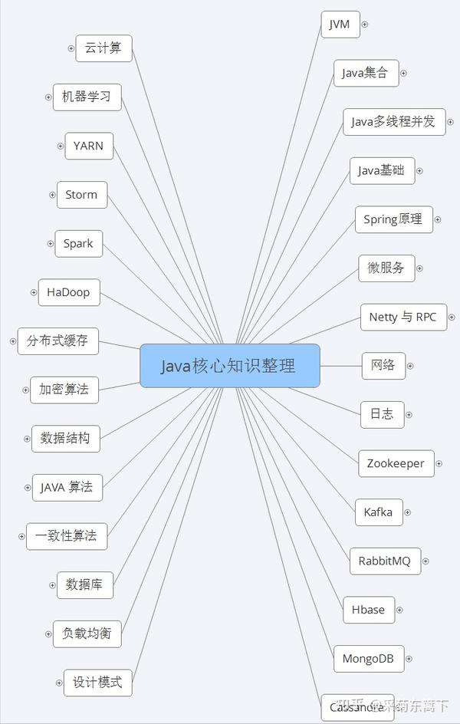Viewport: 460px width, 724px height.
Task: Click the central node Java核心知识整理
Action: (x=229, y=366)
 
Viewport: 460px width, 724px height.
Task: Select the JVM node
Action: (x=339, y=25)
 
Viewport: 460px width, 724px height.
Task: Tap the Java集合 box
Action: (x=366, y=74)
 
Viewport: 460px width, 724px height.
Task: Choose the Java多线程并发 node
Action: (x=393, y=122)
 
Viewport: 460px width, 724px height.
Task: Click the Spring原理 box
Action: (x=393, y=219)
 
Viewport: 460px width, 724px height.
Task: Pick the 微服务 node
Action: (x=386, y=268)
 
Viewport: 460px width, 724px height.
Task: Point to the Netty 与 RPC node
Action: (x=402, y=317)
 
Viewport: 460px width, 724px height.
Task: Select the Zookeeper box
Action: (x=395, y=463)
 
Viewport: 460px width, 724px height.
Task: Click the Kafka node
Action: (x=378, y=512)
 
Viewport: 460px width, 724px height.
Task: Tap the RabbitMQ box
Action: (x=384, y=561)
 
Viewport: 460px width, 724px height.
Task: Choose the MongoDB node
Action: (x=368, y=658)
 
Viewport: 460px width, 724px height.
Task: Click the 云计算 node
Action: (x=103, y=48)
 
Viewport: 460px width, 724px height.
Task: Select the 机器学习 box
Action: (x=87, y=97)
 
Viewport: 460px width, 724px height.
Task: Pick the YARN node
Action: (x=89, y=146)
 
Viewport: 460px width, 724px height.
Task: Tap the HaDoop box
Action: (x=68, y=292)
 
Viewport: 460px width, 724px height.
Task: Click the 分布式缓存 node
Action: (x=58, y=341)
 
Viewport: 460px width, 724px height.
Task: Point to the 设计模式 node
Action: (x=97, y=682)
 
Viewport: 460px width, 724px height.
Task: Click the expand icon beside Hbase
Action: (x=399, y=610)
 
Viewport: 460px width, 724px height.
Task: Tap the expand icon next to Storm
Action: (x=52, y=195)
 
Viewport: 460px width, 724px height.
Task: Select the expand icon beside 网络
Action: (x=409, y=366)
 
